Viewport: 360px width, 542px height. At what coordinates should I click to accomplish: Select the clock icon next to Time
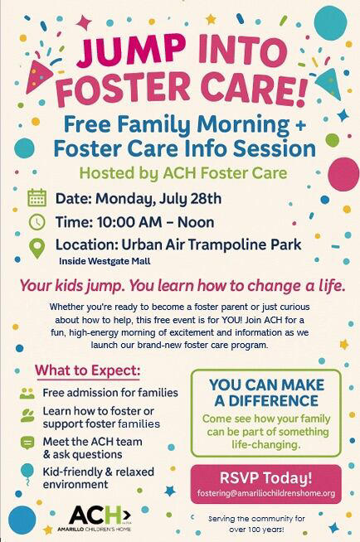pos(36,221)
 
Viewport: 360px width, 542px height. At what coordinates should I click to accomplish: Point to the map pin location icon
pos(36,247)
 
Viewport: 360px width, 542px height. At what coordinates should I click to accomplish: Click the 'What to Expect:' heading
pos(87,369)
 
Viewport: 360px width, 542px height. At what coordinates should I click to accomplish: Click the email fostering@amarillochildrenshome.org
pos(265,493)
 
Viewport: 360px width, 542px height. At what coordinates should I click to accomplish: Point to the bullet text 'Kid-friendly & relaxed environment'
pos(100,477)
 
